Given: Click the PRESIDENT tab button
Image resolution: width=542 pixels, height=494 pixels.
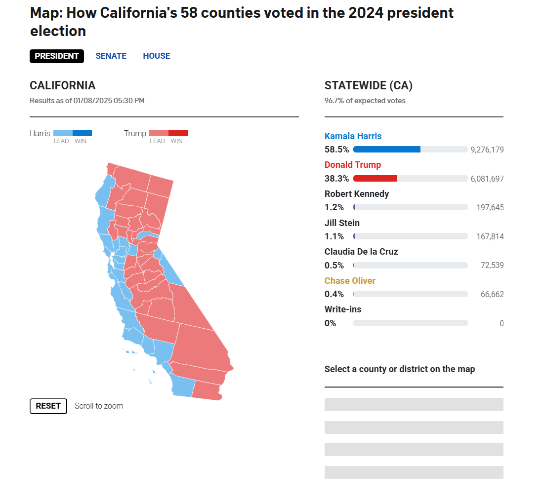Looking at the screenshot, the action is pos(57,56).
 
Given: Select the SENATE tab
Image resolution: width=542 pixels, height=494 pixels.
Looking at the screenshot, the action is pos(111,56).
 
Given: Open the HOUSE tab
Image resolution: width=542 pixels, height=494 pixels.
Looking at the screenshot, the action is pos(157,56).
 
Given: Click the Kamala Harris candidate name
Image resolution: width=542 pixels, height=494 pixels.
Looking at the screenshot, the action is pos(353,136).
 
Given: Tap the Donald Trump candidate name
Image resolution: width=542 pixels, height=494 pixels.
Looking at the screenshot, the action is pos(353,165).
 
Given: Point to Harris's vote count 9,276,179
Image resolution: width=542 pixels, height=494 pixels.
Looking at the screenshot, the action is pos(487,150).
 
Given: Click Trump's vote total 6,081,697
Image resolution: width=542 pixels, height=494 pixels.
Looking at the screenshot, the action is pos(487,179).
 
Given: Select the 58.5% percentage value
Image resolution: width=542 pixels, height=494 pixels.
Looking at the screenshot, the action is pos(336,150).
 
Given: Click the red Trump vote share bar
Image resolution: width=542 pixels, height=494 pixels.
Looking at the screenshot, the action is pos(375,179).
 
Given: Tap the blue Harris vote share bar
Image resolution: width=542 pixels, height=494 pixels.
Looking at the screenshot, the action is pos(387,150).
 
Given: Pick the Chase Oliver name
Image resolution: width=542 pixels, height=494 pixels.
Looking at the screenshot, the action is pos(350,281).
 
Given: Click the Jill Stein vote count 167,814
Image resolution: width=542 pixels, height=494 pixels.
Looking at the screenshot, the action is pos(490,236).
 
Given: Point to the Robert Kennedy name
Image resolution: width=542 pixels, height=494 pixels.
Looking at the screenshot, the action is pos(357,193).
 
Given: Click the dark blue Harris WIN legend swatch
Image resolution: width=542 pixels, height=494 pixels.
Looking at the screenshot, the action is pos(83,133).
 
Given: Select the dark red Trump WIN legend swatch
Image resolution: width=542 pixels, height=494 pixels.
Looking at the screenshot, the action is pos(178,133).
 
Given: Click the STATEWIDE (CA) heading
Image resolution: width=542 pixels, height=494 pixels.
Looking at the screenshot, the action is pos(369,85).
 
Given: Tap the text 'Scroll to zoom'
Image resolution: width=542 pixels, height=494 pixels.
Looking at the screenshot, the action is pos(99,406).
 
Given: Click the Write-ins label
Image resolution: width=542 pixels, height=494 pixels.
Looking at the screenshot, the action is pos(343,309).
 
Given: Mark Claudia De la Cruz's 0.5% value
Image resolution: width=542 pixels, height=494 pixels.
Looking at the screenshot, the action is pos(334,265).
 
